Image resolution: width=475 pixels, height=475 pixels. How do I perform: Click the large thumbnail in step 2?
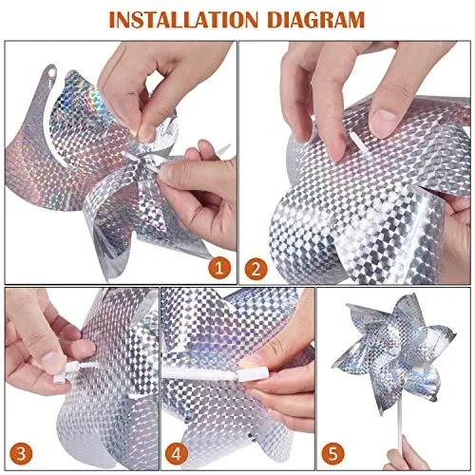384,122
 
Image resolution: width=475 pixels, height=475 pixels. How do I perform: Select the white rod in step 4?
204,370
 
